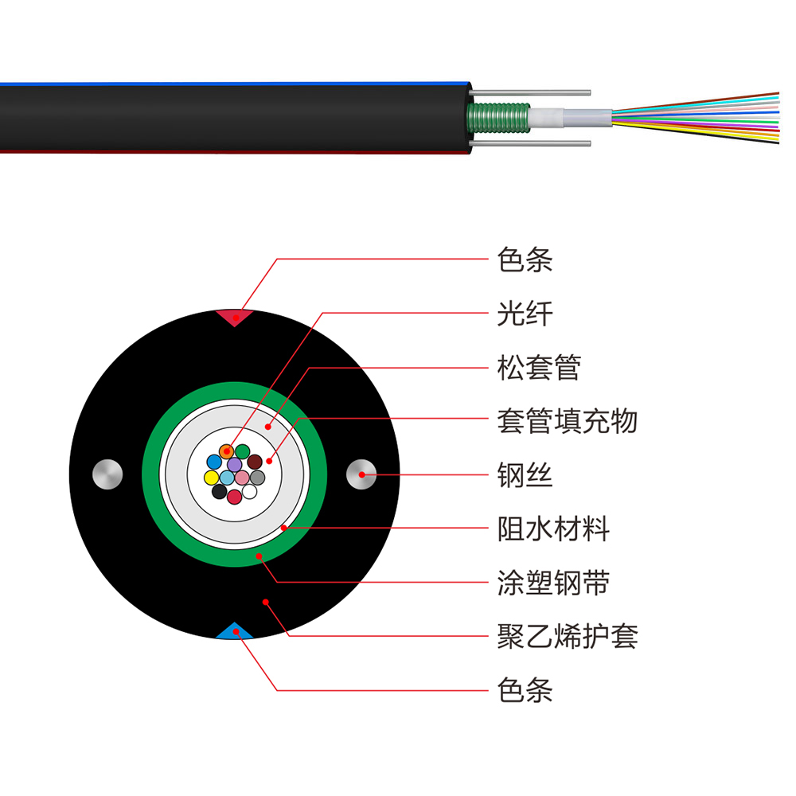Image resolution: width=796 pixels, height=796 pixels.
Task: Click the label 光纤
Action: [x=525, y=314]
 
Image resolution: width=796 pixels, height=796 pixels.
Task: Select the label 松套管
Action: [x=539, y=368]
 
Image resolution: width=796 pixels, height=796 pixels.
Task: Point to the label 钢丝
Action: [x=525, y=475]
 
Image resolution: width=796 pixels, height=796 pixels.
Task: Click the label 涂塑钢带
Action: [x=553, y=582]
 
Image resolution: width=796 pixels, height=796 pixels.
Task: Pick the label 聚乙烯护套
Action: [x=567, y=635]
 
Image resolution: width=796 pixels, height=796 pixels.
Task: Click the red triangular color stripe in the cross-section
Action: [x=234, y=317]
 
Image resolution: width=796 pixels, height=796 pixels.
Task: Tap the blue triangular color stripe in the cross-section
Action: [x=234, y=632]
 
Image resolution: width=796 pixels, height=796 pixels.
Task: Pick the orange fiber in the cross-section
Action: [x=227, y=451]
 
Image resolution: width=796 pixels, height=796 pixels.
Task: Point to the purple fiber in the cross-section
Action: [x=235, y=463]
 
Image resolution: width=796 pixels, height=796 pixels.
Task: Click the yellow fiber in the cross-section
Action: [x=212, y=478]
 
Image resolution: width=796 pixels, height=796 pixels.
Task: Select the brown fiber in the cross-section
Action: [x=255, y=462]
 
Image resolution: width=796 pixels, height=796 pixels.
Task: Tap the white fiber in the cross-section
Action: [x=249, y=491]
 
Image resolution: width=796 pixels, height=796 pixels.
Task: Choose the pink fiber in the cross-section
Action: [x=242, y=478]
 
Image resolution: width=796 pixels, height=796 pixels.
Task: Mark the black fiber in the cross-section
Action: [x=219, y=491]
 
